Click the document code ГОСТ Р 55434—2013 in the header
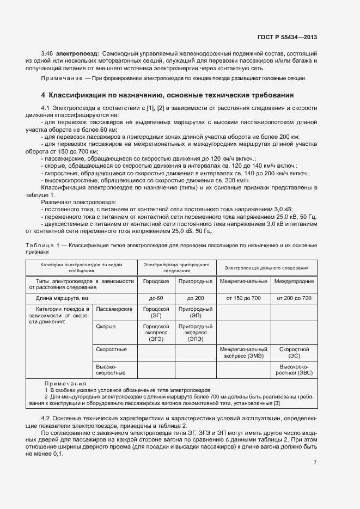[286, 36]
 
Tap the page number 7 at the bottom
[315, 463]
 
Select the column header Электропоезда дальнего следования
[266, 268]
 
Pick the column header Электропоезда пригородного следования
[176, 267]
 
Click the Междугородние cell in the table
[294, 281]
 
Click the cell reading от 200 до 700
[294, 298]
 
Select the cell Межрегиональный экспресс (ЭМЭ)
[243, 352]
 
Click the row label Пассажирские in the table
[114, 309]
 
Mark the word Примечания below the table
[65, 384]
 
